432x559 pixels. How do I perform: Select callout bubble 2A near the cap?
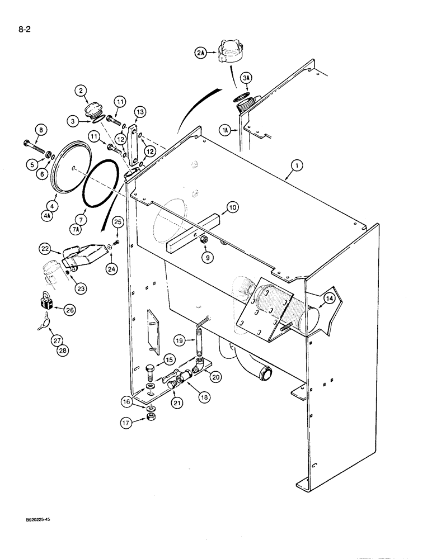click(x=201, y=53)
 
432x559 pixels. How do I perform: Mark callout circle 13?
click(x=140, y=112)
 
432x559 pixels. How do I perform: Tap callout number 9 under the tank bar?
click(x=208, y=258)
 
